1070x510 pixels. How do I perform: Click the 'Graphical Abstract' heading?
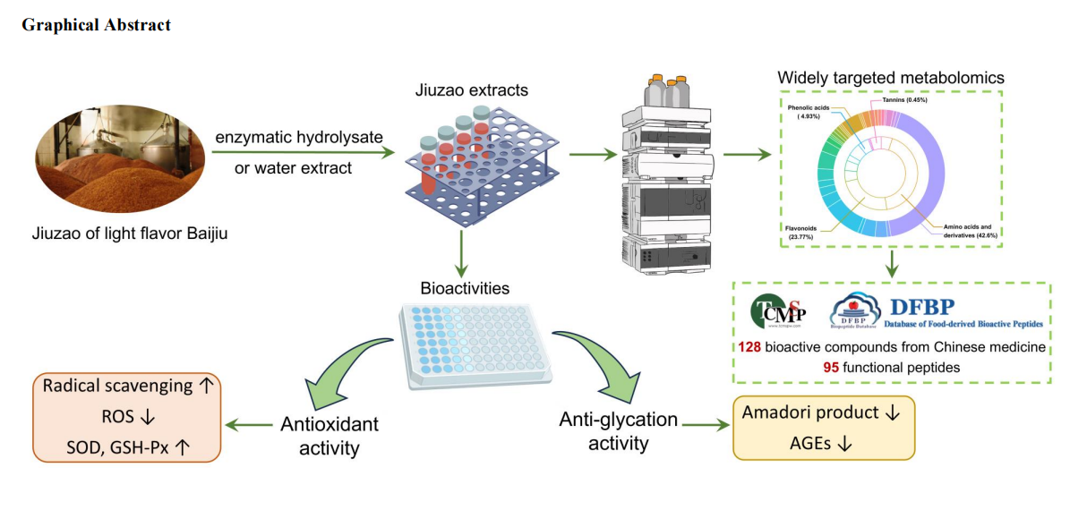[x=96, y=25]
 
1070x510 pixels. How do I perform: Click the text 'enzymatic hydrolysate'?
[x=298, y=138]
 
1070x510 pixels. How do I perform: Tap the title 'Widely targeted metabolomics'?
[x=890, y=78]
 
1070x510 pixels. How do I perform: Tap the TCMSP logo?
[x=778, y=310]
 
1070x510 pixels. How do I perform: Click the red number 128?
[x=750, y=347]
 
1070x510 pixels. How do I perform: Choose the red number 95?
[x=834, y=367]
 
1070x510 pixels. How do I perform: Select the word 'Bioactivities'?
[x=465, y=289]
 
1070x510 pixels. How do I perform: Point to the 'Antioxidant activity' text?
[x=330, y=434]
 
